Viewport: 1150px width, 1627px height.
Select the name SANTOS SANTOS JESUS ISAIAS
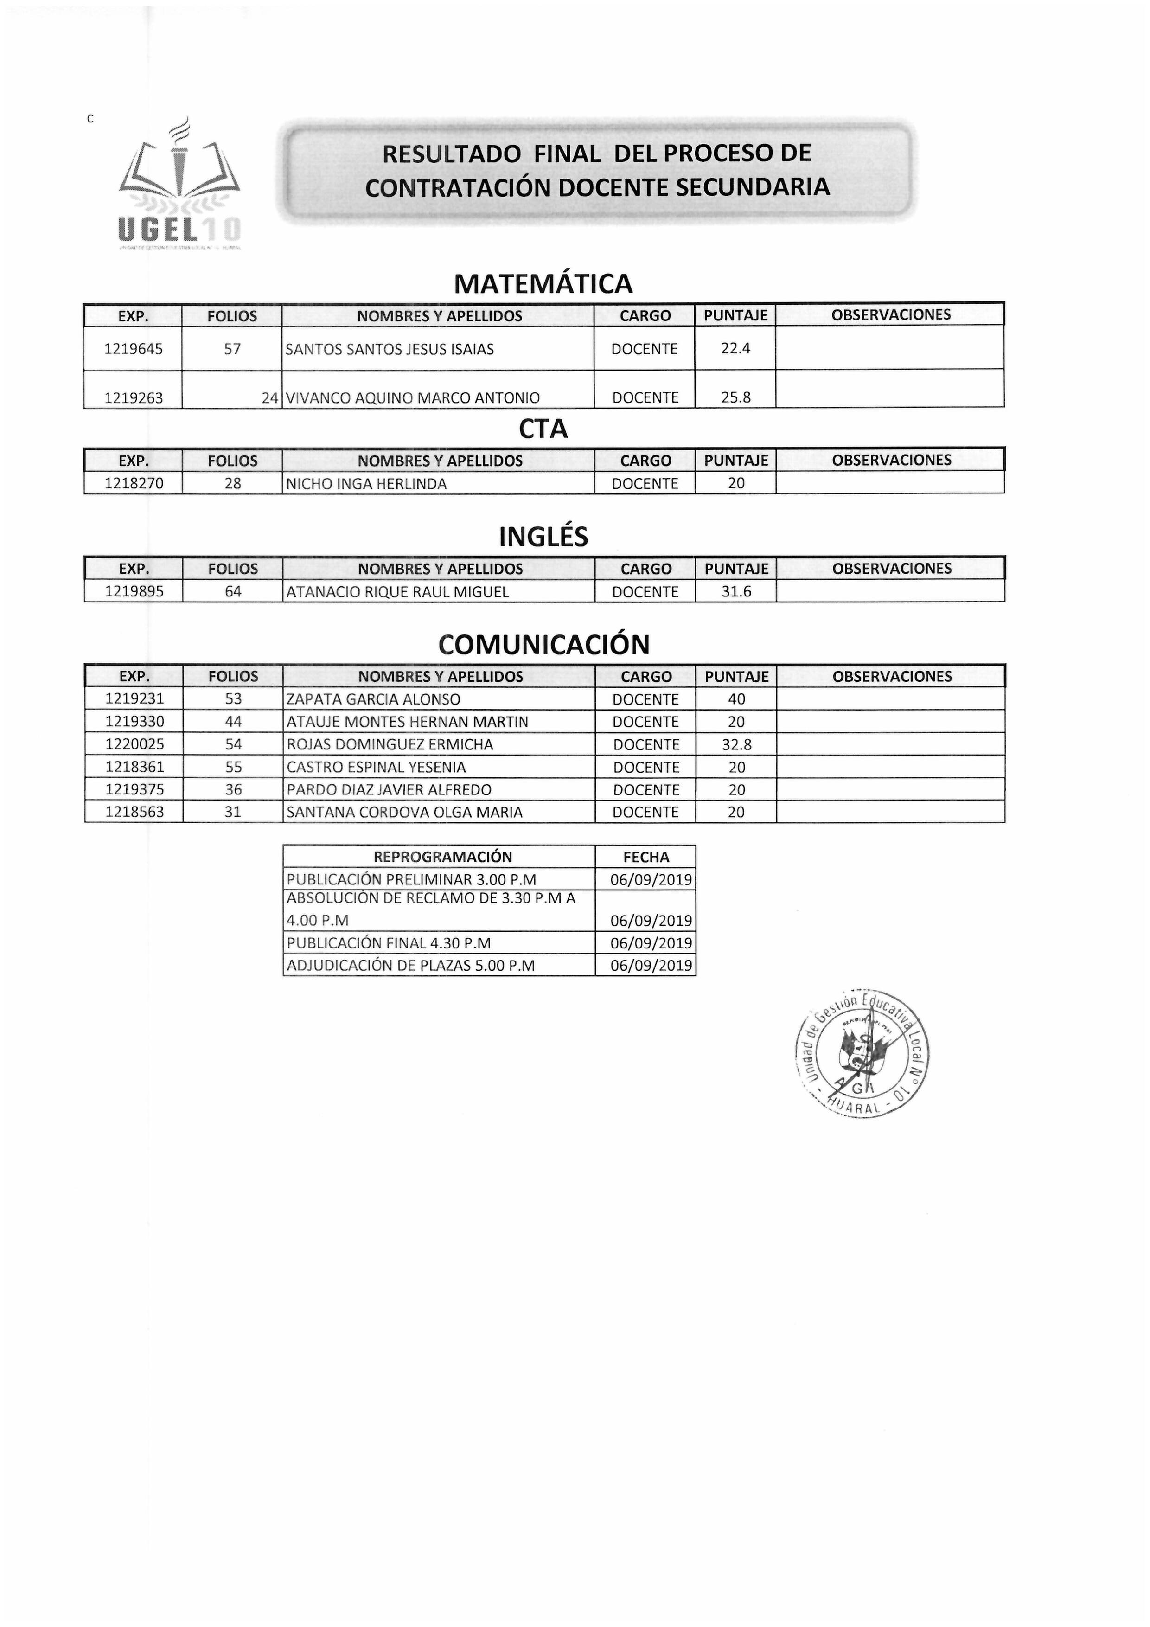[x=390, y=349]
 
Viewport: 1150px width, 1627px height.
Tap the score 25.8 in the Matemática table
[x=735, y=397]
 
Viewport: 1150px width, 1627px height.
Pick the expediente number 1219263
[x=133, y=397]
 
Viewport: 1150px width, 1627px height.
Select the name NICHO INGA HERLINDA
[x=366, y=484]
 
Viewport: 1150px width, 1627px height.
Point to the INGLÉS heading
[x=543, y=537]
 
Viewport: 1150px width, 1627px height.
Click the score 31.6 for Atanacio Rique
[x=736, y=592]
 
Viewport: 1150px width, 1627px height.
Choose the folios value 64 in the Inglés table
[x=233, y=592]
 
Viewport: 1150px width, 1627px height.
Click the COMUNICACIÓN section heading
[x=543, y=645]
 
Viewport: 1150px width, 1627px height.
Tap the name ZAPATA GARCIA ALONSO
[x=373, y=699]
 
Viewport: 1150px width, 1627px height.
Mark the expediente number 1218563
[x=134, y=812]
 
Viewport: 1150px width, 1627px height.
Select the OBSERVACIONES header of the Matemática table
[x=891, y=314]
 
